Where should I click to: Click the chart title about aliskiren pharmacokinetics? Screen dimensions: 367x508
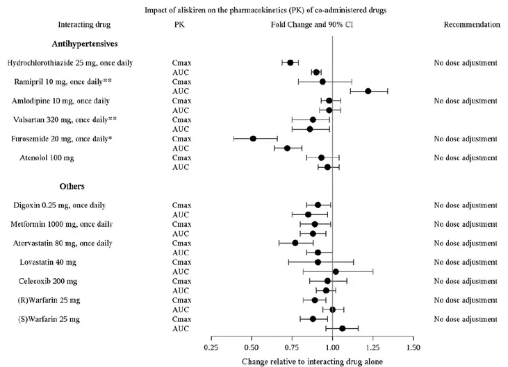click(254, 9)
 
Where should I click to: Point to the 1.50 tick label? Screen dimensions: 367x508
click(413, 347)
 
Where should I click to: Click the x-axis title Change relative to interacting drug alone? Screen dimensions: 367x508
click(312, 361)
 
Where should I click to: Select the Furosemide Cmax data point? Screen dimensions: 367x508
click(253, 139)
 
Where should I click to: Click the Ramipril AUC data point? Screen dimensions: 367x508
click(368, 91)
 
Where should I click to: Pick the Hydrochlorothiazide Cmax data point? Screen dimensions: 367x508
click(290, 63)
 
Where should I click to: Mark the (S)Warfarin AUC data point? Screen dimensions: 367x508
click(342, 329)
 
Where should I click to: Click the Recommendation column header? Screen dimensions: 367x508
click(471, 24)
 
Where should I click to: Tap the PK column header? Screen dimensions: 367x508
click(179, 24)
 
